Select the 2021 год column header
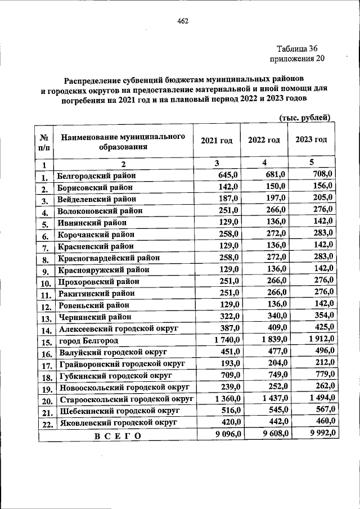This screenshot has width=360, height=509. coord(216,140)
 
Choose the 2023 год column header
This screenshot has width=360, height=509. coord(311,140)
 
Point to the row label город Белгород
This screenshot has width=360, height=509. coord(88,340)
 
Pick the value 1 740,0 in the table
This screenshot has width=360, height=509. coord(226,339)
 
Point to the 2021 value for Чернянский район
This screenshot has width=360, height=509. coord(229,316)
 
